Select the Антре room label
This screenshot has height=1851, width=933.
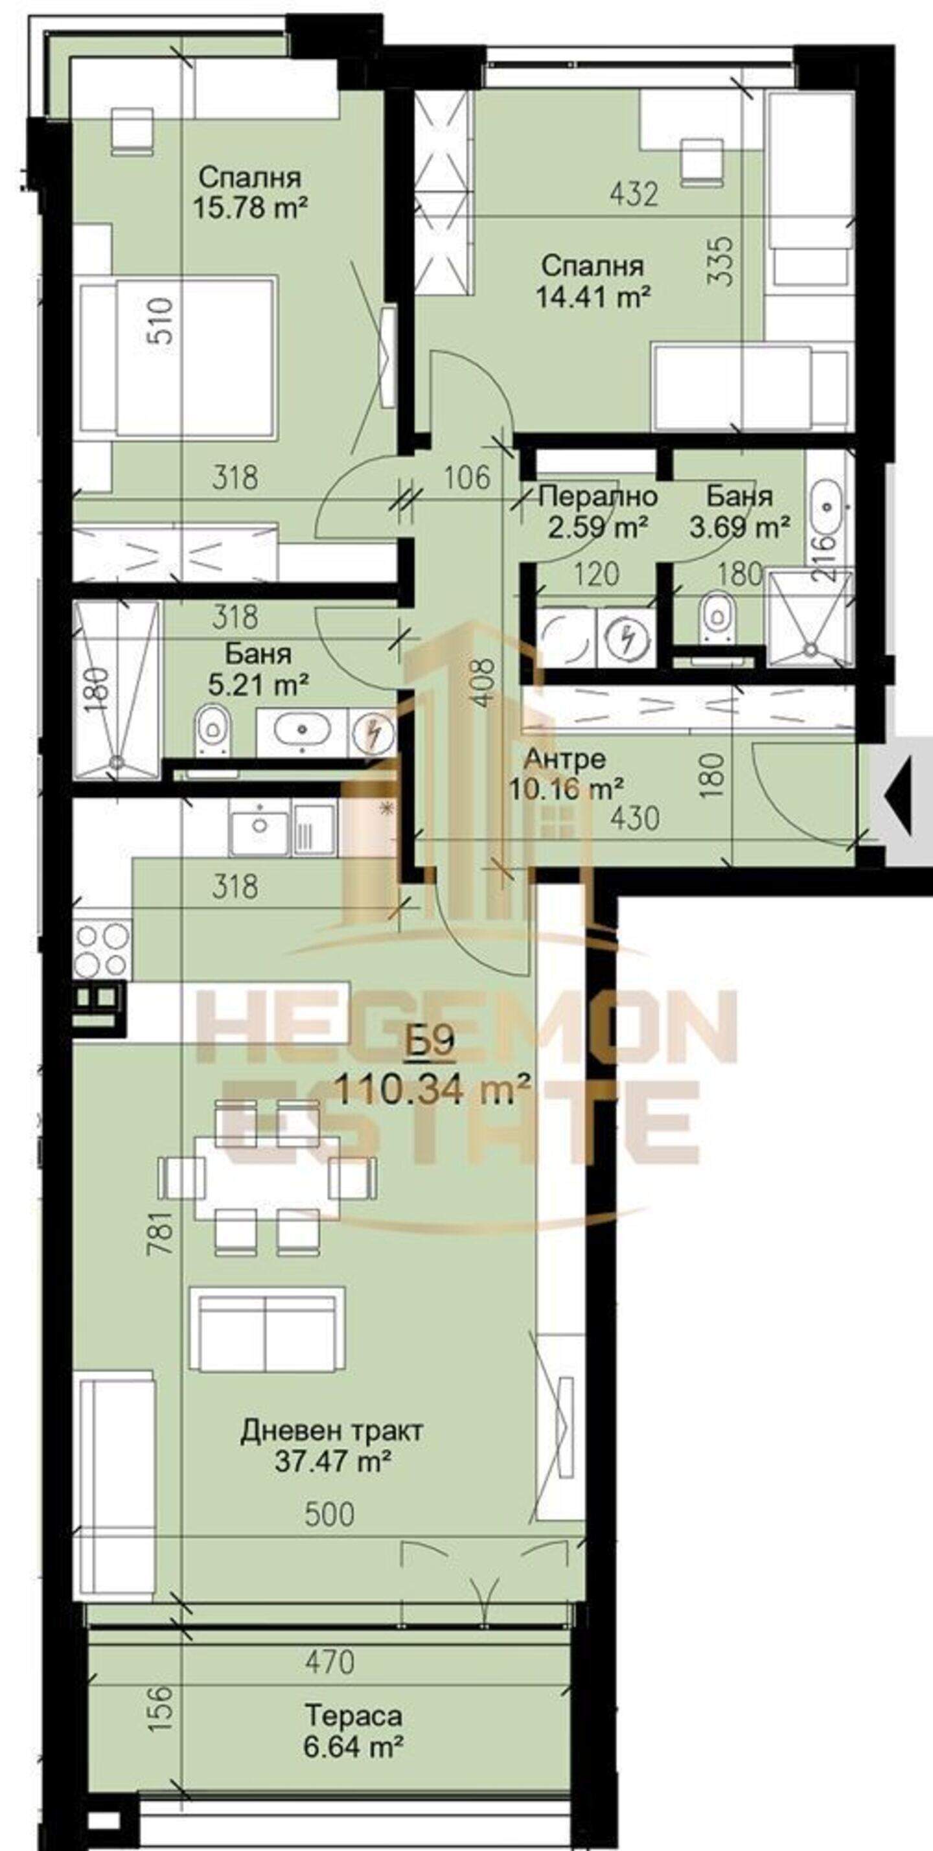[x=565, y=759]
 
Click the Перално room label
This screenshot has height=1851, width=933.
[x=598, y=496]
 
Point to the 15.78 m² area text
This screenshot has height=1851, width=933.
[x=250, y=209]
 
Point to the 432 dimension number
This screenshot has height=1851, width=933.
[x=633, y=194]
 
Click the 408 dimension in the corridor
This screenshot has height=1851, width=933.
[x=486, y=684]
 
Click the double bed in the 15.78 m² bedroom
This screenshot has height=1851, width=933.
[x=178, y=360]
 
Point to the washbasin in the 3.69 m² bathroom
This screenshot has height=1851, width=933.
[x=829, y=507]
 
